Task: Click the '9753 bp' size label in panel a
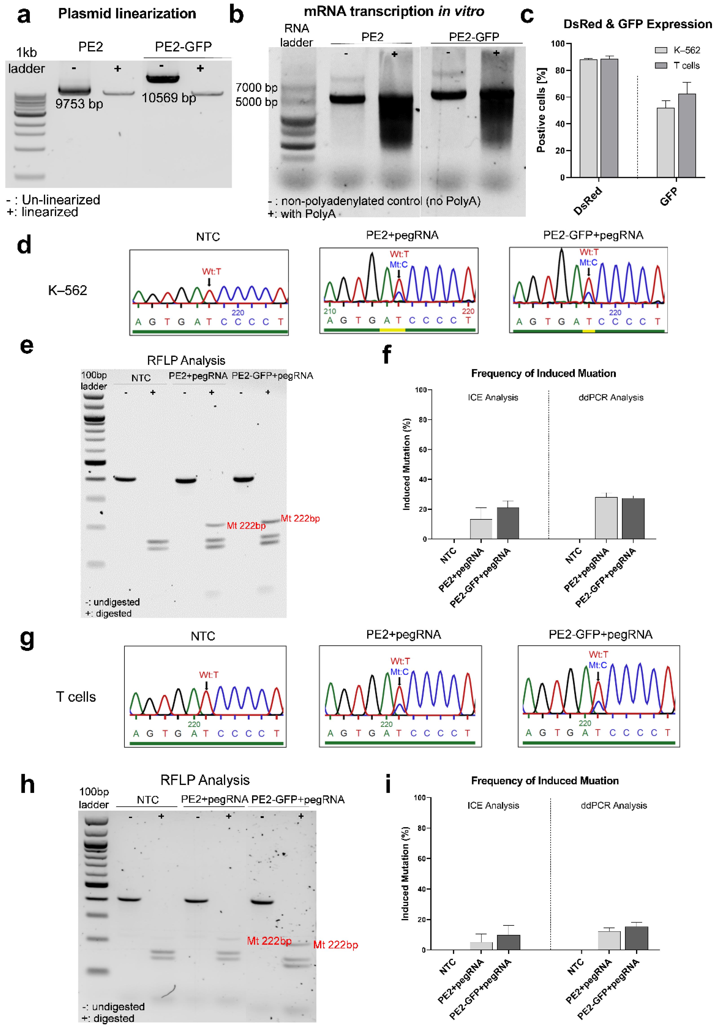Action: [79, 104]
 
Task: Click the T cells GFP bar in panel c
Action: [687, 135]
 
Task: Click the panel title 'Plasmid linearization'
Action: [127, 14]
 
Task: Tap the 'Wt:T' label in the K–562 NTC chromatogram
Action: [211, 272]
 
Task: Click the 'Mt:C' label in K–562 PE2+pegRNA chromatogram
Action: [399, 264]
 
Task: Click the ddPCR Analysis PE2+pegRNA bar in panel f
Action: [606, 518]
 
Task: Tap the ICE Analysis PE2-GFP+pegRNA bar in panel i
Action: [508, 942]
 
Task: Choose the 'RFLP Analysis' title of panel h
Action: [205, 780]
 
